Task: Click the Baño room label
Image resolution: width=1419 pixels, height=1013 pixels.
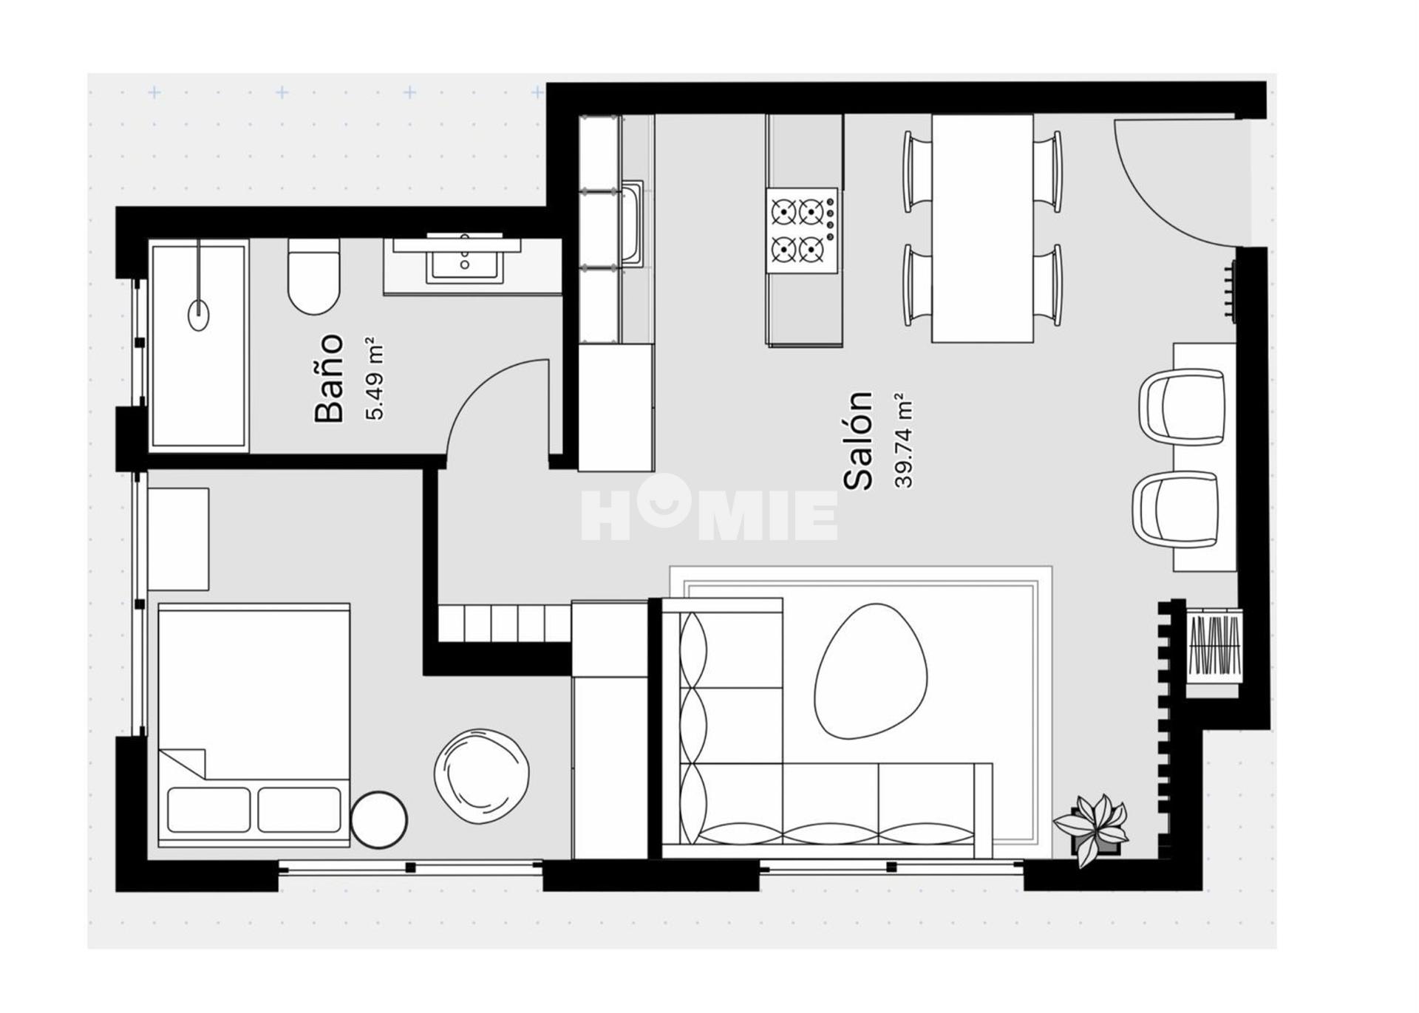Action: point(330,378)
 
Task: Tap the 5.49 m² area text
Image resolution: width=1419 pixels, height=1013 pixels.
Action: point(375,379)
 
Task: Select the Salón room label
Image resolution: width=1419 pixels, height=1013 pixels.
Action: point(859,440)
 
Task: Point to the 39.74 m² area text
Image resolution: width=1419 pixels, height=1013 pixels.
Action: point(904,441)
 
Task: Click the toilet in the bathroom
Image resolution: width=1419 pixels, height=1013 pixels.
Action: point(313,276)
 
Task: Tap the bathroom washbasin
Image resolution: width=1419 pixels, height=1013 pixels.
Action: point(464,260)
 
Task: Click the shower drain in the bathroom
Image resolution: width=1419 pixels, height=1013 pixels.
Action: point(199,315)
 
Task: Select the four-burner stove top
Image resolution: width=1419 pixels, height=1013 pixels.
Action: point(803,231)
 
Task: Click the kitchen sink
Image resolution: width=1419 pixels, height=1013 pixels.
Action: point(633,224)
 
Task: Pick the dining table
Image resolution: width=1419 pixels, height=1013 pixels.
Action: point(982,228)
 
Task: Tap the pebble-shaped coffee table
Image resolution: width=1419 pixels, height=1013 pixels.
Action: point(870,671)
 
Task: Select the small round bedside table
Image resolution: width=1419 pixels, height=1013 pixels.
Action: point(379,819)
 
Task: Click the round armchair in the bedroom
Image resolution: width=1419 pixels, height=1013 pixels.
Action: point(482,776)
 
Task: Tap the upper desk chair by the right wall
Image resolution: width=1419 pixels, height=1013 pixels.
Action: point(1182,408)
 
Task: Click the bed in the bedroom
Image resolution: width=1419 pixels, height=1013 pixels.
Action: point(253,725)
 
